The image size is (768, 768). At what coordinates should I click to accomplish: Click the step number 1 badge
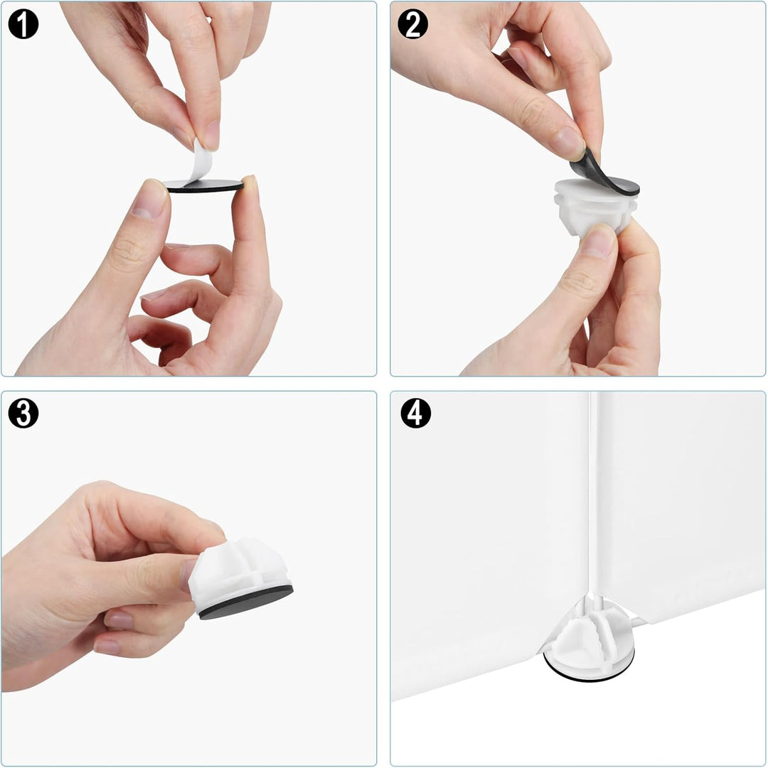click(23, 24)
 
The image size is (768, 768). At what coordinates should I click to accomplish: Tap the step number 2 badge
click(412, 24)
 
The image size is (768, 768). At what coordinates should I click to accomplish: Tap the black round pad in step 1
click(204, 186)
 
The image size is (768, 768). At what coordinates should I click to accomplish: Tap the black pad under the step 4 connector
click(589, 670)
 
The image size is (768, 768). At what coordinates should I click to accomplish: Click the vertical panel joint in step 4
click(594, 494)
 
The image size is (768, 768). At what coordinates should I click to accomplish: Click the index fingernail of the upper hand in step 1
click(212, 135)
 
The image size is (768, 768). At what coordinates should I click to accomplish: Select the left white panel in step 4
click(489, 543)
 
